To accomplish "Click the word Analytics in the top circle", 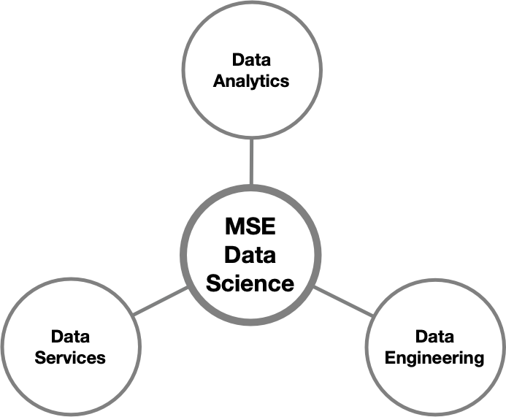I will pos(250,80).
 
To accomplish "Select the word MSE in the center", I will pos(250,226).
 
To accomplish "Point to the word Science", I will pos(250,283).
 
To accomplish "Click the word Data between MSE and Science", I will pos(250,255).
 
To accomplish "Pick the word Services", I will pos(70,358).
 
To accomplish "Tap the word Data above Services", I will pos(70,337).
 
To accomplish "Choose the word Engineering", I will pos(434,358).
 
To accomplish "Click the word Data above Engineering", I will pos(434,337).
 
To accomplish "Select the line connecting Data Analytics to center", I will pos(250,162).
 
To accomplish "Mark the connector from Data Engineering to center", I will pos(344,302).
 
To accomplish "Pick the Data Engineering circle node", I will pos(434,383).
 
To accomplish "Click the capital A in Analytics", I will pos(218,80).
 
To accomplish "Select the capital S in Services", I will pos(40,358).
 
